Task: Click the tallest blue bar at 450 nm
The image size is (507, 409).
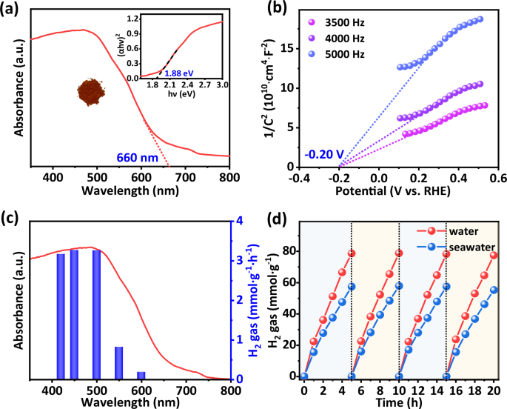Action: coord(74,314)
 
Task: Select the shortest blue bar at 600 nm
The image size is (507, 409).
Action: coord(141,375)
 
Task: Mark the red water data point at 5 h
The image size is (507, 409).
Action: coord(352,253)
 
